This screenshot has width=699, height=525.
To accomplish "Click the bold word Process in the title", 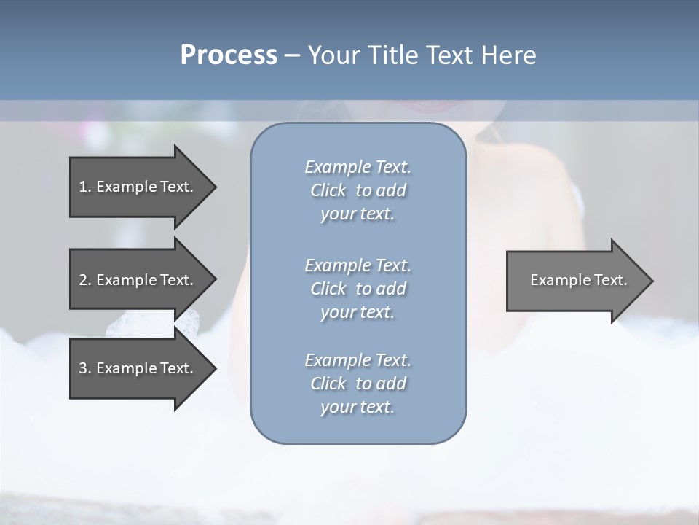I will [229, 55].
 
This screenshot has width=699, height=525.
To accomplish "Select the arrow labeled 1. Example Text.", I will [136, 187].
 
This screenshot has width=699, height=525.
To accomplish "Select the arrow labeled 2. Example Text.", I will [136, 280].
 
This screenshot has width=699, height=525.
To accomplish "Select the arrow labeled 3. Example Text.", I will [136, 368].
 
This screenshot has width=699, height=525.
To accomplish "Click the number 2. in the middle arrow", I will [84, 280].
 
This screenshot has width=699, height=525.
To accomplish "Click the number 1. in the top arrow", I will [84, 187].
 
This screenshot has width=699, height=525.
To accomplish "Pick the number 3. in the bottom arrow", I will [84, 368].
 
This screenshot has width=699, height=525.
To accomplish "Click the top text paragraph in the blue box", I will [358, 190].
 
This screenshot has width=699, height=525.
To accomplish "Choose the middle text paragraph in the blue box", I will [358, 289].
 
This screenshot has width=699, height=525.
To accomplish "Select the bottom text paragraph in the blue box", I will [358, 384].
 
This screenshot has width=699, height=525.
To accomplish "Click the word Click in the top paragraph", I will [328, 190].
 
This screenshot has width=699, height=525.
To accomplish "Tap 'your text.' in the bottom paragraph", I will [358, 407].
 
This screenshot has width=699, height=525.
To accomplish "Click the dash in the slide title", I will [292, 55].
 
